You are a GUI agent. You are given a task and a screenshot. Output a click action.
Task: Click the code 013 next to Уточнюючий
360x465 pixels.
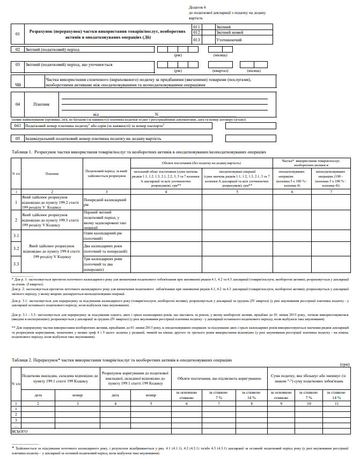pyautogui.click(x=196, y=40)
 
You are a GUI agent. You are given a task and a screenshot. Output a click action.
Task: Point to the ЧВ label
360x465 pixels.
pyautogui.click(x=18, y=84)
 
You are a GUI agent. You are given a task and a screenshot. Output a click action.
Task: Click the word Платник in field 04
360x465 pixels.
pyautogui.click(x=41, y=105)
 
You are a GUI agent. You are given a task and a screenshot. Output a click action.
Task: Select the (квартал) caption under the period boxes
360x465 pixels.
pyautogui.click(x=220, y=70)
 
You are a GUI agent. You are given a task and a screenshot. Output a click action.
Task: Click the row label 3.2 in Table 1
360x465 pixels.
pyautogui.click(x=16, y=248)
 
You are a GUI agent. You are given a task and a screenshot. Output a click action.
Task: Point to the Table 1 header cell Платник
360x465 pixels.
pyautogui.click(x=52, y=173)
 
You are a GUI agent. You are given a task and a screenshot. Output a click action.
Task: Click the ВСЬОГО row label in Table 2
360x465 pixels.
pyautogui.click(x=20, y=431)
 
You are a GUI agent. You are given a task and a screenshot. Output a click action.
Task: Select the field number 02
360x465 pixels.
pyautogui.click(x=18, y=49)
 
